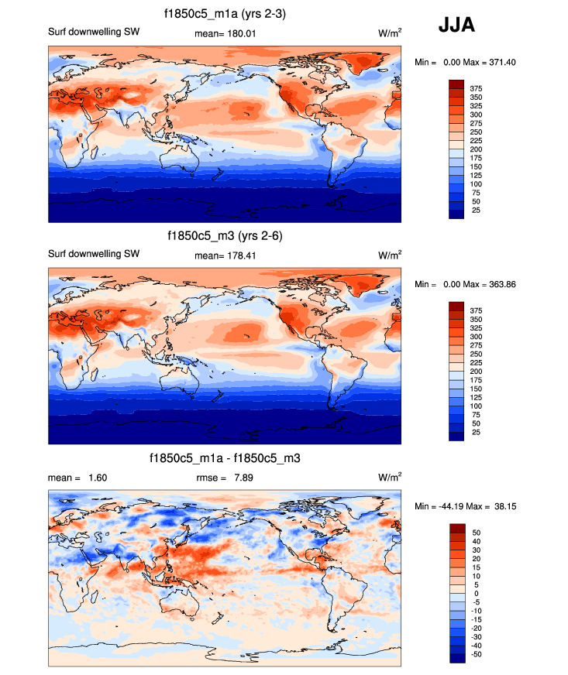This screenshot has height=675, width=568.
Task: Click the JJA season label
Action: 456,26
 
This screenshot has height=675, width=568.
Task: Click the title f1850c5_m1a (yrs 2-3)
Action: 224,13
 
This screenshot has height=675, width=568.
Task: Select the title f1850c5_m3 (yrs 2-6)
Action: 224,235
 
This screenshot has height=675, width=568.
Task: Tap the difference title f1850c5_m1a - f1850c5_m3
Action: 224,459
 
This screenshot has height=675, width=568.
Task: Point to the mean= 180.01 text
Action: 219,33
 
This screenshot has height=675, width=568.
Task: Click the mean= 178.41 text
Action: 219,255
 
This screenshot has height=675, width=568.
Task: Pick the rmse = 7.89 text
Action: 224,478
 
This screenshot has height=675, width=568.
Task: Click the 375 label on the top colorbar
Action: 475,89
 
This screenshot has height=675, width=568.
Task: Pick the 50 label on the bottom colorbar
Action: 475,533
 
